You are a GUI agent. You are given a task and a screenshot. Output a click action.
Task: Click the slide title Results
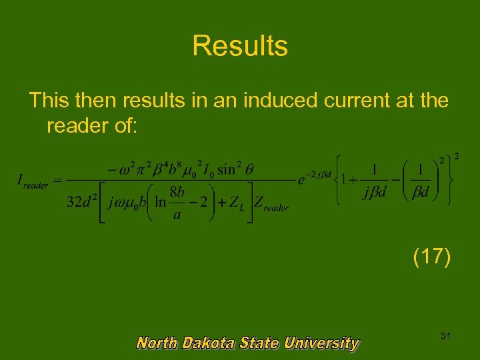click(240, 46)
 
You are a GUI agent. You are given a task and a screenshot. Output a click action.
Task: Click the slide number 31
click(445, 337)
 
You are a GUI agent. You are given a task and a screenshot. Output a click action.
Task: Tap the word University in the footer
click(321, 343)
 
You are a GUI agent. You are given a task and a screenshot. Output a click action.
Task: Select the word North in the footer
click(157, 343)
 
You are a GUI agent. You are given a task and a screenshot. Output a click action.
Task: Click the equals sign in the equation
click(57, 181)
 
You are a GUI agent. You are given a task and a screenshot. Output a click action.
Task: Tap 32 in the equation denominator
click(74, 203)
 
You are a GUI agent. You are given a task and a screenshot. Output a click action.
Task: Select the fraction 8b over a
click(177, 202)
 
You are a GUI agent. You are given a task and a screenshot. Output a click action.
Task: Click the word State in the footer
click(259, 343)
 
